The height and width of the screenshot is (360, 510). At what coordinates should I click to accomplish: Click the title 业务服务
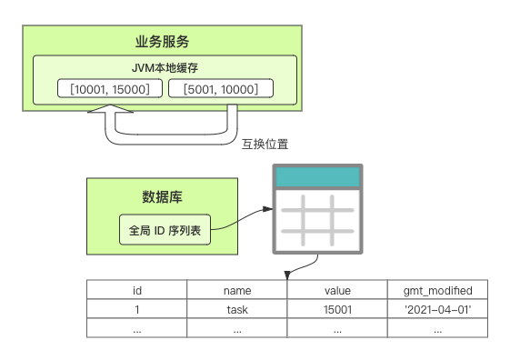click(162, 42)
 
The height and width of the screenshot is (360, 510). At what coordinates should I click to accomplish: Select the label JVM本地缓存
click(165, 68)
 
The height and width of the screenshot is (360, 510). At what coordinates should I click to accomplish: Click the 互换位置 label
click(265, 144)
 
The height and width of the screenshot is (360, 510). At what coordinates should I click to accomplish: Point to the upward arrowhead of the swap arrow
click(110, 108)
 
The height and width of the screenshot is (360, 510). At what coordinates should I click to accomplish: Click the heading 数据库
click(162, 197)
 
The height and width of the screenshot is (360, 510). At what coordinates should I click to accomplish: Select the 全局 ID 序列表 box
click(165, 230)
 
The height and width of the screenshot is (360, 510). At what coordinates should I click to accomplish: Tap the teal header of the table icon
click(317, 177)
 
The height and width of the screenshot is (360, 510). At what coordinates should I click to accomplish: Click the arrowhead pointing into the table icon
click(267, 209)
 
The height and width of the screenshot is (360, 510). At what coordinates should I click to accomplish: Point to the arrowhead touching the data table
click(287, 275)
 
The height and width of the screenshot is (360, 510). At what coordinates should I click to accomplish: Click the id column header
click(137, 290)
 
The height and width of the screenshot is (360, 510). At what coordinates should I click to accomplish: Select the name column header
click(237, 290)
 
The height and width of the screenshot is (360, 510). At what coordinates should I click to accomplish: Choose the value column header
click(337, 290)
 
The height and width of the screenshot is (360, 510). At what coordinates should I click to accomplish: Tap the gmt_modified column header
click(437, 290)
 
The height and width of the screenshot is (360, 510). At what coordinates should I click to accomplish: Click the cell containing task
click(237, 309)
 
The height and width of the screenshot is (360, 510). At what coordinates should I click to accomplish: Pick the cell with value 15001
click(337, 309)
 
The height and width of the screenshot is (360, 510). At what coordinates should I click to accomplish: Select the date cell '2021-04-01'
click(437, 309)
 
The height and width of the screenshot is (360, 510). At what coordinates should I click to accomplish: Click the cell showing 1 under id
click(137, 309)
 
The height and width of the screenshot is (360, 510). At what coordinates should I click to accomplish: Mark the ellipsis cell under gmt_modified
click(437, 328)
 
